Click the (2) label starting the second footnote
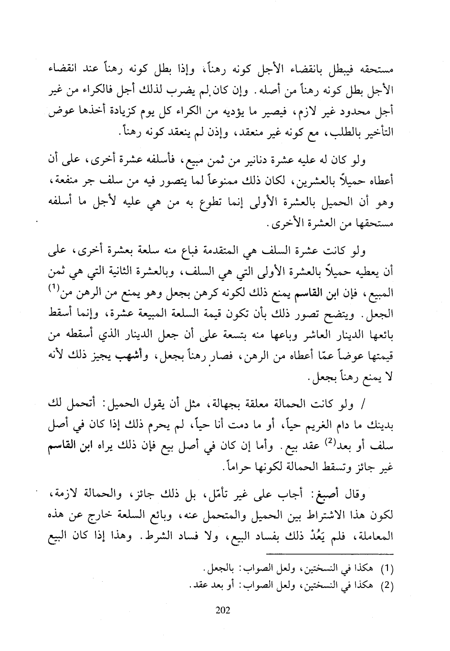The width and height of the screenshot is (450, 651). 387,584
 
